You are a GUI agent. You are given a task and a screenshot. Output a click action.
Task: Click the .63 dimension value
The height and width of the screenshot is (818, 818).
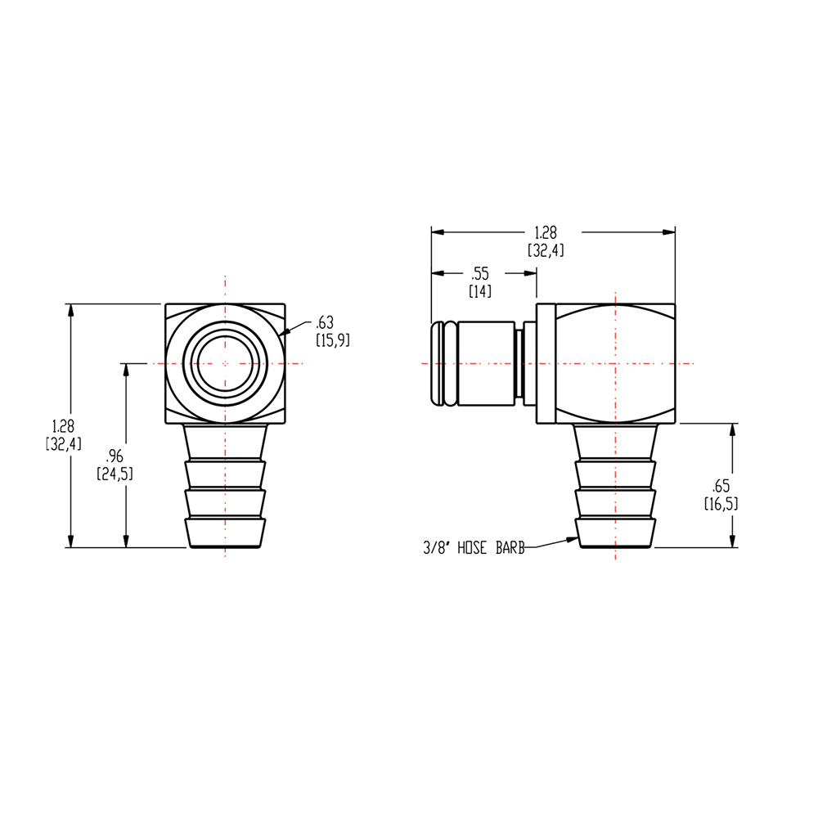325,321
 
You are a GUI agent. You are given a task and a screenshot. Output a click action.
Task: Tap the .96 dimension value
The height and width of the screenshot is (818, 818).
114,457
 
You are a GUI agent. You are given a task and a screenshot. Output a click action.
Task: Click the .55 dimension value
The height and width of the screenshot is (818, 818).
480,274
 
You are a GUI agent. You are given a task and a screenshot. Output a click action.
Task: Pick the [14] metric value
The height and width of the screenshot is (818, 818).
480,290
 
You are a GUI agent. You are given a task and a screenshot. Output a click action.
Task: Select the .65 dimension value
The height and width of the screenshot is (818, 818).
721,487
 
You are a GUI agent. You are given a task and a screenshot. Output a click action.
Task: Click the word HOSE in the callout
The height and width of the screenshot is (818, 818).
473,549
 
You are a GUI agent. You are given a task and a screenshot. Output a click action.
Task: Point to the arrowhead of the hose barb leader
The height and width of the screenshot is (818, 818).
573,539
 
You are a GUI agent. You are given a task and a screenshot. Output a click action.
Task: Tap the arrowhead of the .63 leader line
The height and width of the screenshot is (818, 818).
282,333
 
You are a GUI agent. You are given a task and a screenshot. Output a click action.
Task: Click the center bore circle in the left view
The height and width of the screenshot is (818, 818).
225,363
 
